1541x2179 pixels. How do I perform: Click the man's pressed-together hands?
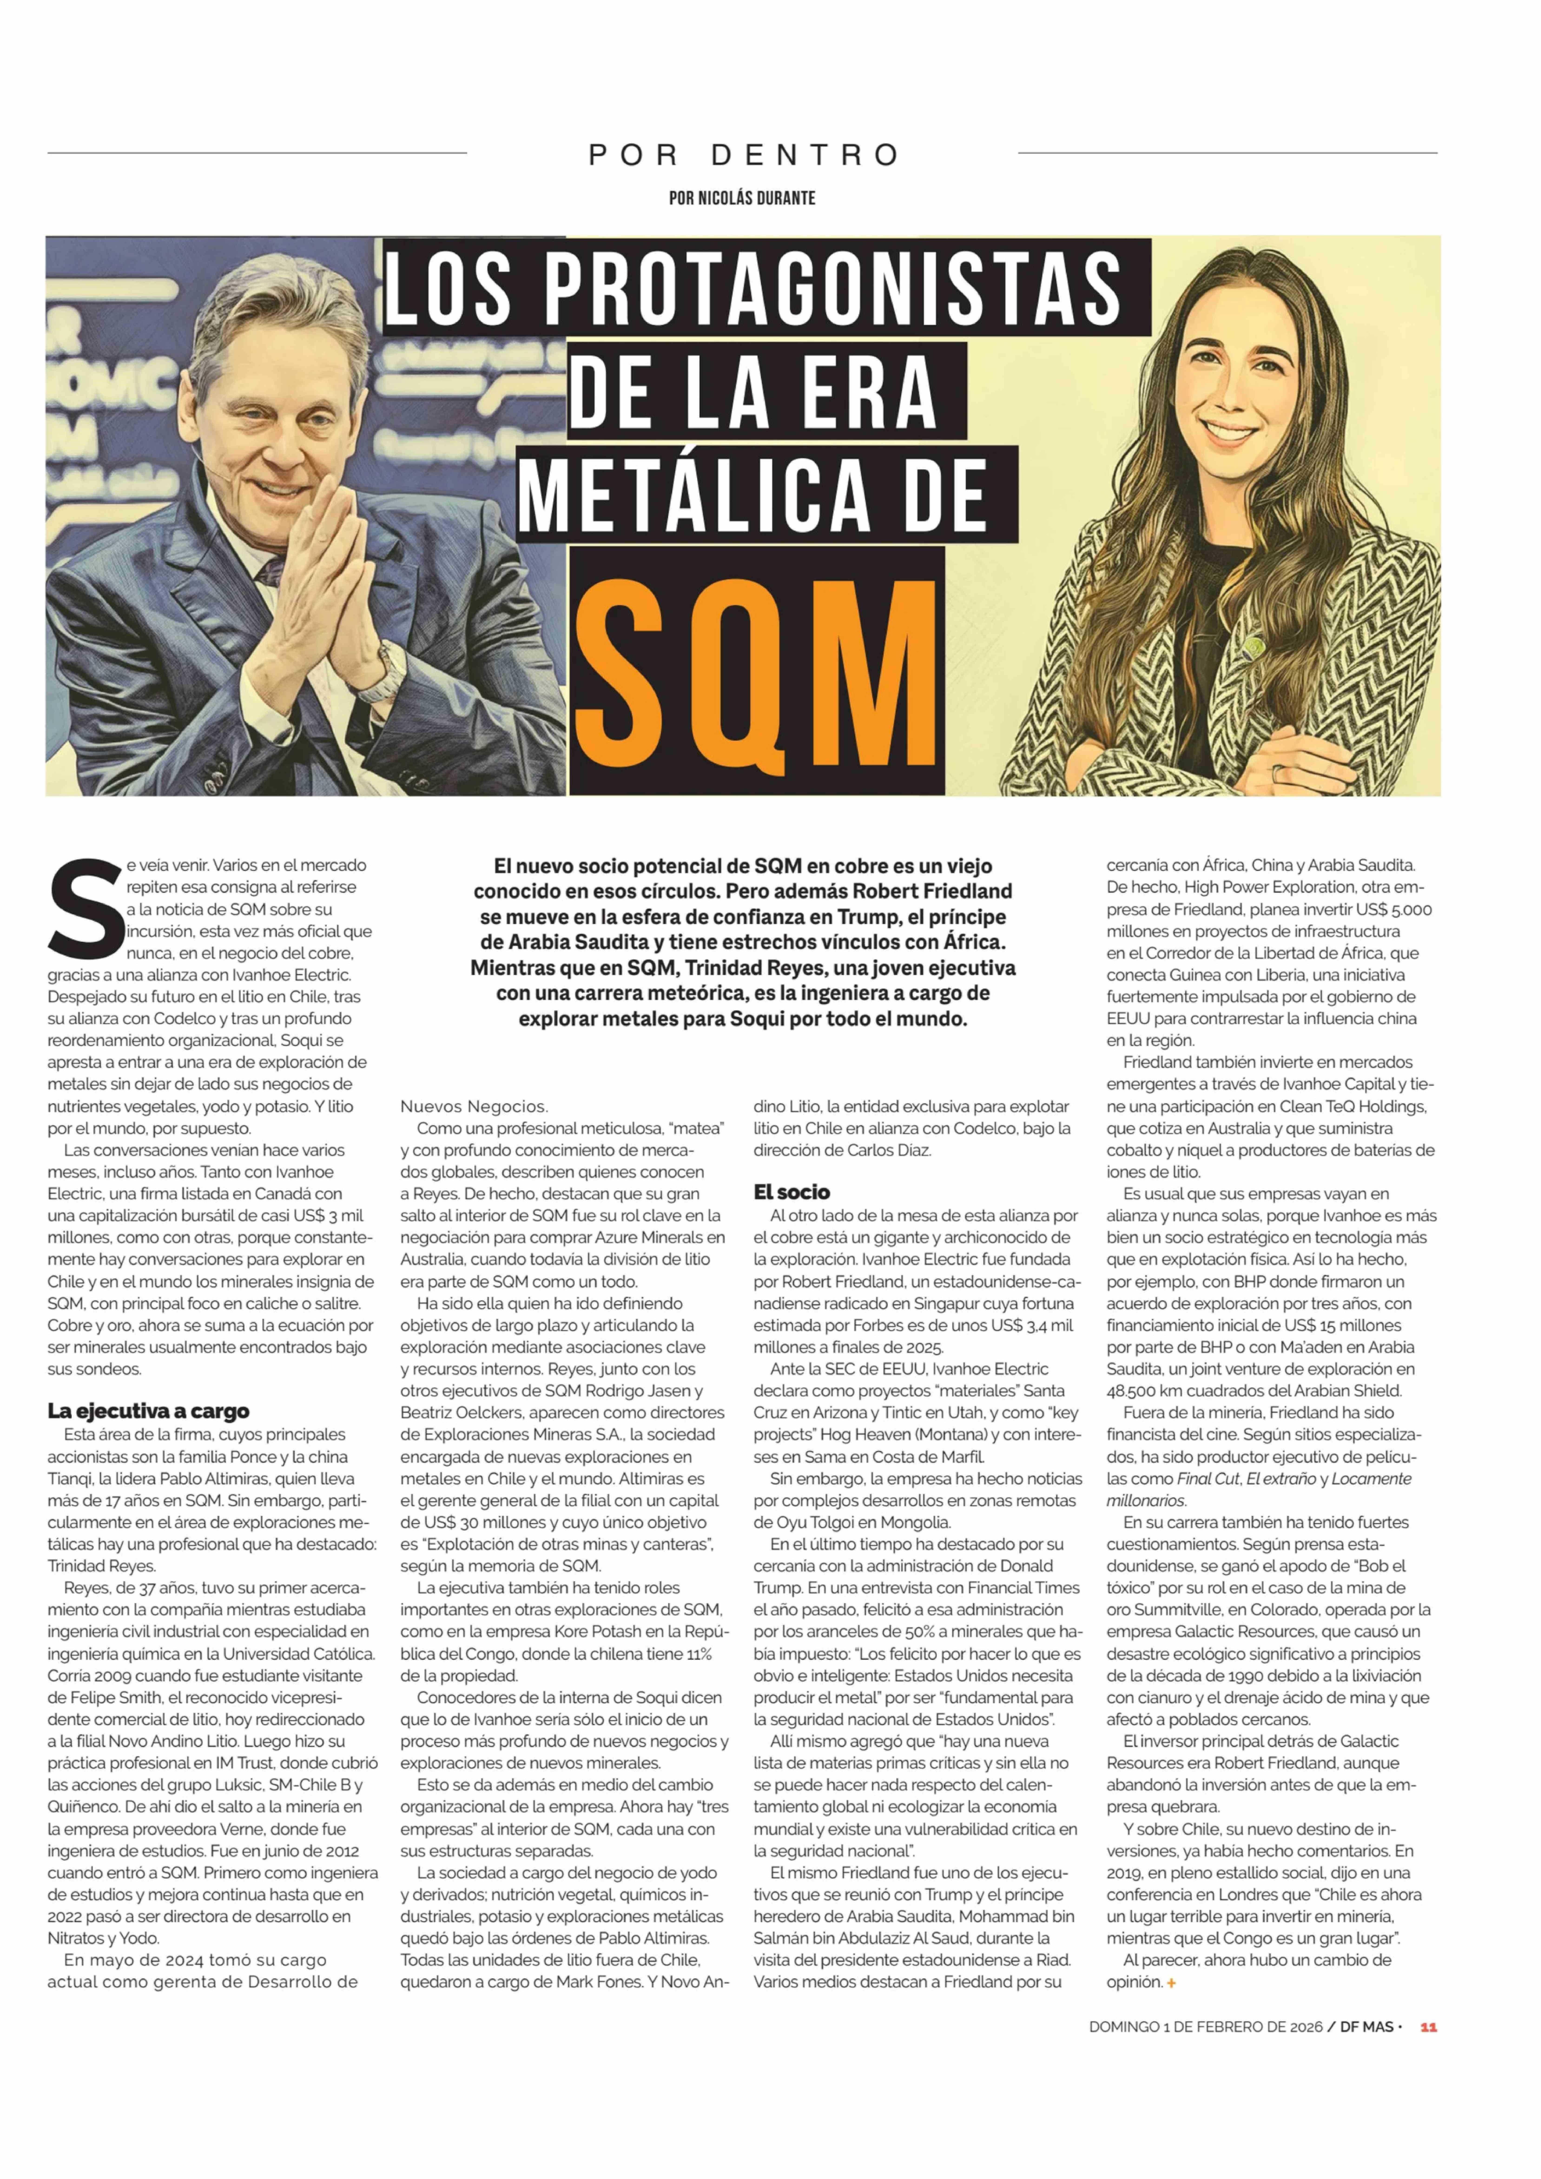point(323,569)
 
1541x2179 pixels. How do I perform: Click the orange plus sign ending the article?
point(1172,1983)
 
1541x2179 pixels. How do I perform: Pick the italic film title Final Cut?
point(1207,1479)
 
